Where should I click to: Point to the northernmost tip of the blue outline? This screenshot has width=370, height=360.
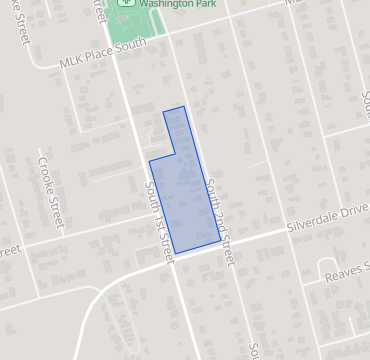pyautogui.click(x=183, y=106)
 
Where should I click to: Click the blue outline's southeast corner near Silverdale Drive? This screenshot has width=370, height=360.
pyautogui.click(x=221, y=239)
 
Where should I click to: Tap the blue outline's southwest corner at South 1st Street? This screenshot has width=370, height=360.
pyautogui.click(x=175, y=253)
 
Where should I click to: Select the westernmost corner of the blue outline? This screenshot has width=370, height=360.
pyautogui.click(x=149, y=161)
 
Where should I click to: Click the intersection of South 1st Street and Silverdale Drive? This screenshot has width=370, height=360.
pyautogui.click(x=170, y=256)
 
